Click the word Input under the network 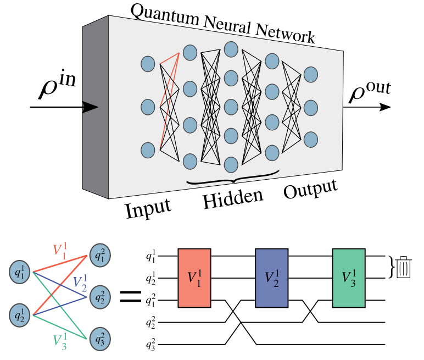pyautogui.click(x=148, y=209)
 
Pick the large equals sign pyautogui.click(x=131, y=298)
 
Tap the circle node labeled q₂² pyautogui.click(x=99, y=297)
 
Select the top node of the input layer pyautogui.click(x=147, y=64)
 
